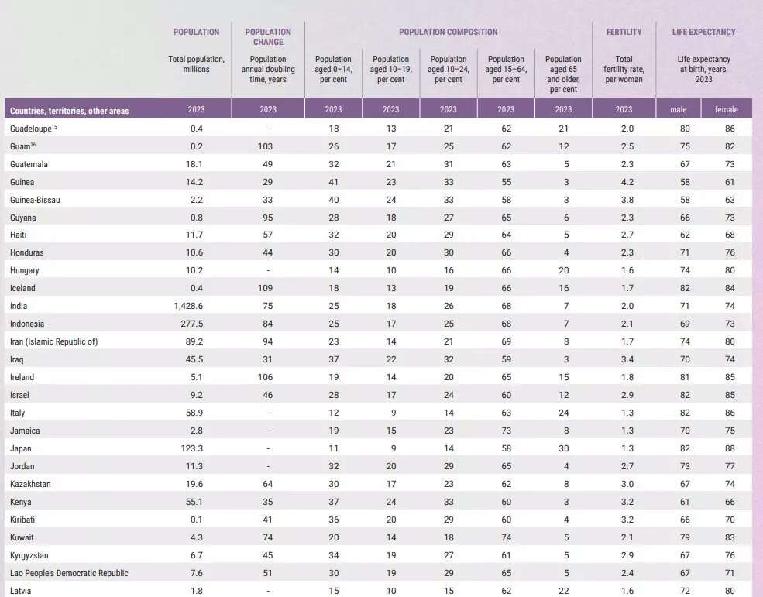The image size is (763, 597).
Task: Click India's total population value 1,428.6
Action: pos(190,306)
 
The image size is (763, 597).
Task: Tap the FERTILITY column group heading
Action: pos(624,32)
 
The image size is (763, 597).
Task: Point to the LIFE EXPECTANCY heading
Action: pos(703,32)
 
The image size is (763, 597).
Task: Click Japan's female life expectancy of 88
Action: pos(730,448)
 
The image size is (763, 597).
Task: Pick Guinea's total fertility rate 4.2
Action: pos(627,182)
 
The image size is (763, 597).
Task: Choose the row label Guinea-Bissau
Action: pos(35,200)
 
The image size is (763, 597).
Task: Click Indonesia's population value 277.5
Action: pos(191,324)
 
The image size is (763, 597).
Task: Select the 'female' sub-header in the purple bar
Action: pos(726,110)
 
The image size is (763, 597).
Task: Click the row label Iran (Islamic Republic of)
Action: pos(53,341)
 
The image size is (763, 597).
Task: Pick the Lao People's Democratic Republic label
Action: pos(69,573)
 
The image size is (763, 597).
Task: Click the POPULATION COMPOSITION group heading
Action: pos(448,32)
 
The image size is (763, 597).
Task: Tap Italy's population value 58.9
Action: pos(193,413)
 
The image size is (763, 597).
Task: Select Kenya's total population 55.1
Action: pos(193,502)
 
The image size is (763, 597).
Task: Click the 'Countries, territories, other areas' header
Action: pos(69,111)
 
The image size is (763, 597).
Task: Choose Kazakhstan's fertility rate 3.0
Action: pos(627,484)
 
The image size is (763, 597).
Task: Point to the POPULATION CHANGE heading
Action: pos(268,36)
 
